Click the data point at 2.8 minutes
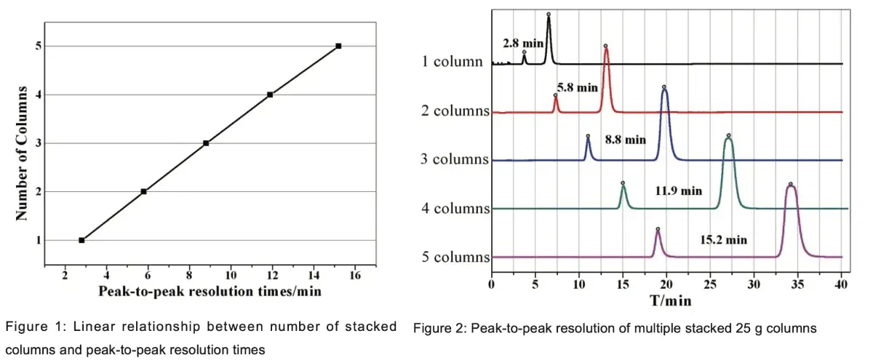click(81, 240)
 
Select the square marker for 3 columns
click(206, 143)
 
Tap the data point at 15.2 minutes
click(338, 46)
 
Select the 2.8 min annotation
click(523, 44)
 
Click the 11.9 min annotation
click(677, 191)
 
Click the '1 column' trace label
click(453, 61)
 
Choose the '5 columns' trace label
click(455, 257)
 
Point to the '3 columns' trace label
click(455, 159)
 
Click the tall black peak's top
click(549, 15)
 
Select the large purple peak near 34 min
click(791, 185)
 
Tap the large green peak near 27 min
click(728, 137)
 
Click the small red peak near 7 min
click(556, 97)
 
